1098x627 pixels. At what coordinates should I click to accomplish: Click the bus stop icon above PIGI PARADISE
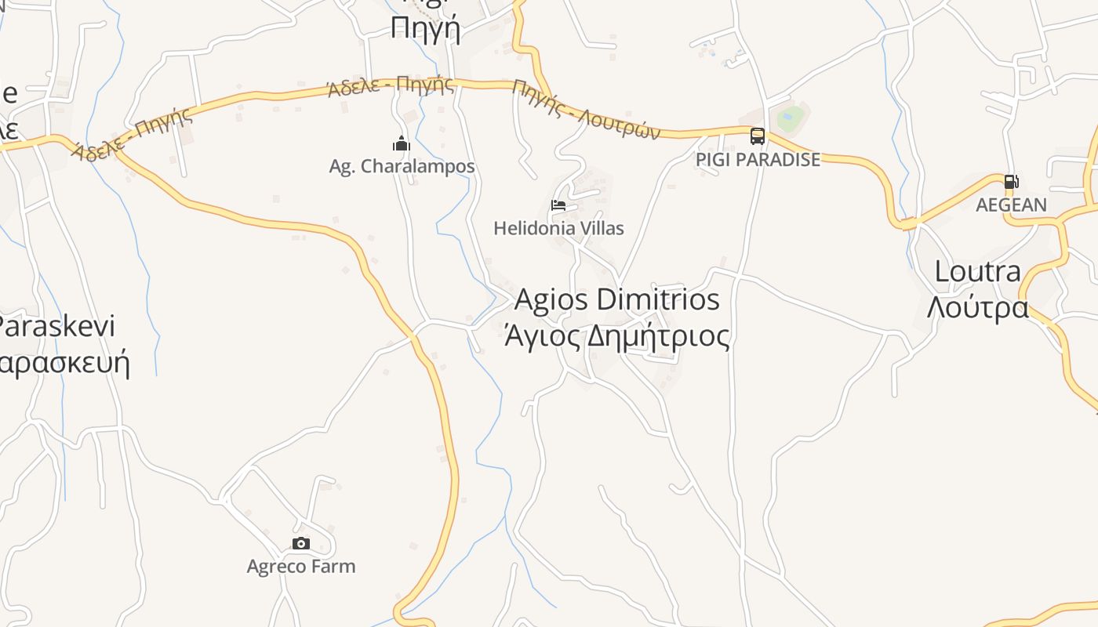click(x=757, y=136)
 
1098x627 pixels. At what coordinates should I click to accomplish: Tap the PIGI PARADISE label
click(x=758, y=159)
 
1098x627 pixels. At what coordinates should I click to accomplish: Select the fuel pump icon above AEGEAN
click(x=1011, y=182)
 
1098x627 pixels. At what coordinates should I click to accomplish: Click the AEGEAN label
click(x=1011, y=205)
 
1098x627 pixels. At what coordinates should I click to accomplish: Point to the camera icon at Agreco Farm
click(x=300, y=543)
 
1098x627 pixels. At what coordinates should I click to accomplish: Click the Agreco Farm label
click(x=300, y=566)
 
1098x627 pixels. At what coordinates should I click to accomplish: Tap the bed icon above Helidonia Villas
click(x=558, y=205)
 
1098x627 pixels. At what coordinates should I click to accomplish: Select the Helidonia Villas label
click(x=558, y=228)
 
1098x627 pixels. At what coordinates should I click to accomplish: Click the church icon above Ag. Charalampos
click(x=402, y=143)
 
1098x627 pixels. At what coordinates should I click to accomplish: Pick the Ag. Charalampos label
click(x=402, y=166)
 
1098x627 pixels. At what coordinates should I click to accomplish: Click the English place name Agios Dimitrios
click(x=616, y=299)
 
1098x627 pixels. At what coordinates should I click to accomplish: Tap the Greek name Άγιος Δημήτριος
click(x=616, y=336)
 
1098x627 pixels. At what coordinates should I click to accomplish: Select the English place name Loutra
click(x=977, y=272)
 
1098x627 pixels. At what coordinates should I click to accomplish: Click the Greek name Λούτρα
click(x=977, y=307)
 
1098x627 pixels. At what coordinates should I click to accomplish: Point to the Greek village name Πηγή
click(x=425, y=28)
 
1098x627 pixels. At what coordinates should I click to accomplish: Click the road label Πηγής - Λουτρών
click(x=587, y=109)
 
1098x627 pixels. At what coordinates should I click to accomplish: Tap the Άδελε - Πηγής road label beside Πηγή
click(x=391, y=85)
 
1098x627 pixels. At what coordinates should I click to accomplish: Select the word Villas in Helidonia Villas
click(x=598, y=228)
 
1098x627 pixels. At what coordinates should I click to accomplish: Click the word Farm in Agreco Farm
click(x=333, y=566)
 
